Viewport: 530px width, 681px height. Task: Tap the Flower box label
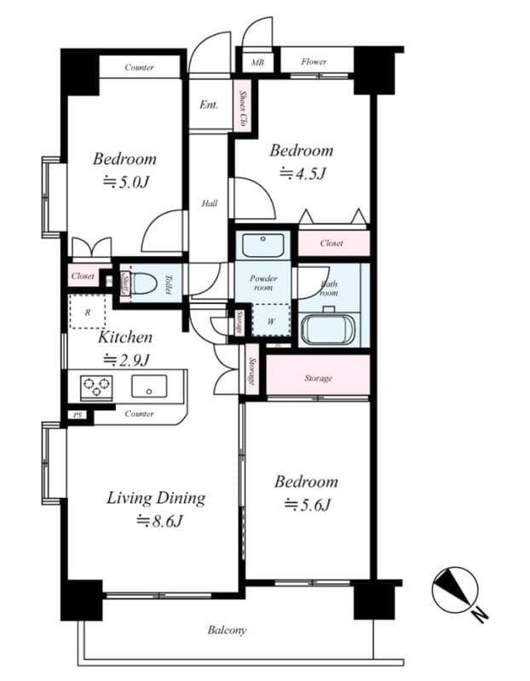click(314, 62)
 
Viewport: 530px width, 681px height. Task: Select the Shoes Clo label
click(244, 109)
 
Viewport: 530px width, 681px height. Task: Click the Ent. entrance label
click(209, 106)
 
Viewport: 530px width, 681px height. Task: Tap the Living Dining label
click(155, 498)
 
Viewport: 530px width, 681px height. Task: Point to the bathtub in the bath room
click(328, 329)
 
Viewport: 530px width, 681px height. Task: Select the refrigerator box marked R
click(88, 312)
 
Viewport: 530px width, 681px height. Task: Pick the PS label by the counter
click(77, 416)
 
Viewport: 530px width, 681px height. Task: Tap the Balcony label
click(227, 631)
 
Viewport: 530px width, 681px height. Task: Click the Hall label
click(210, 203)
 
